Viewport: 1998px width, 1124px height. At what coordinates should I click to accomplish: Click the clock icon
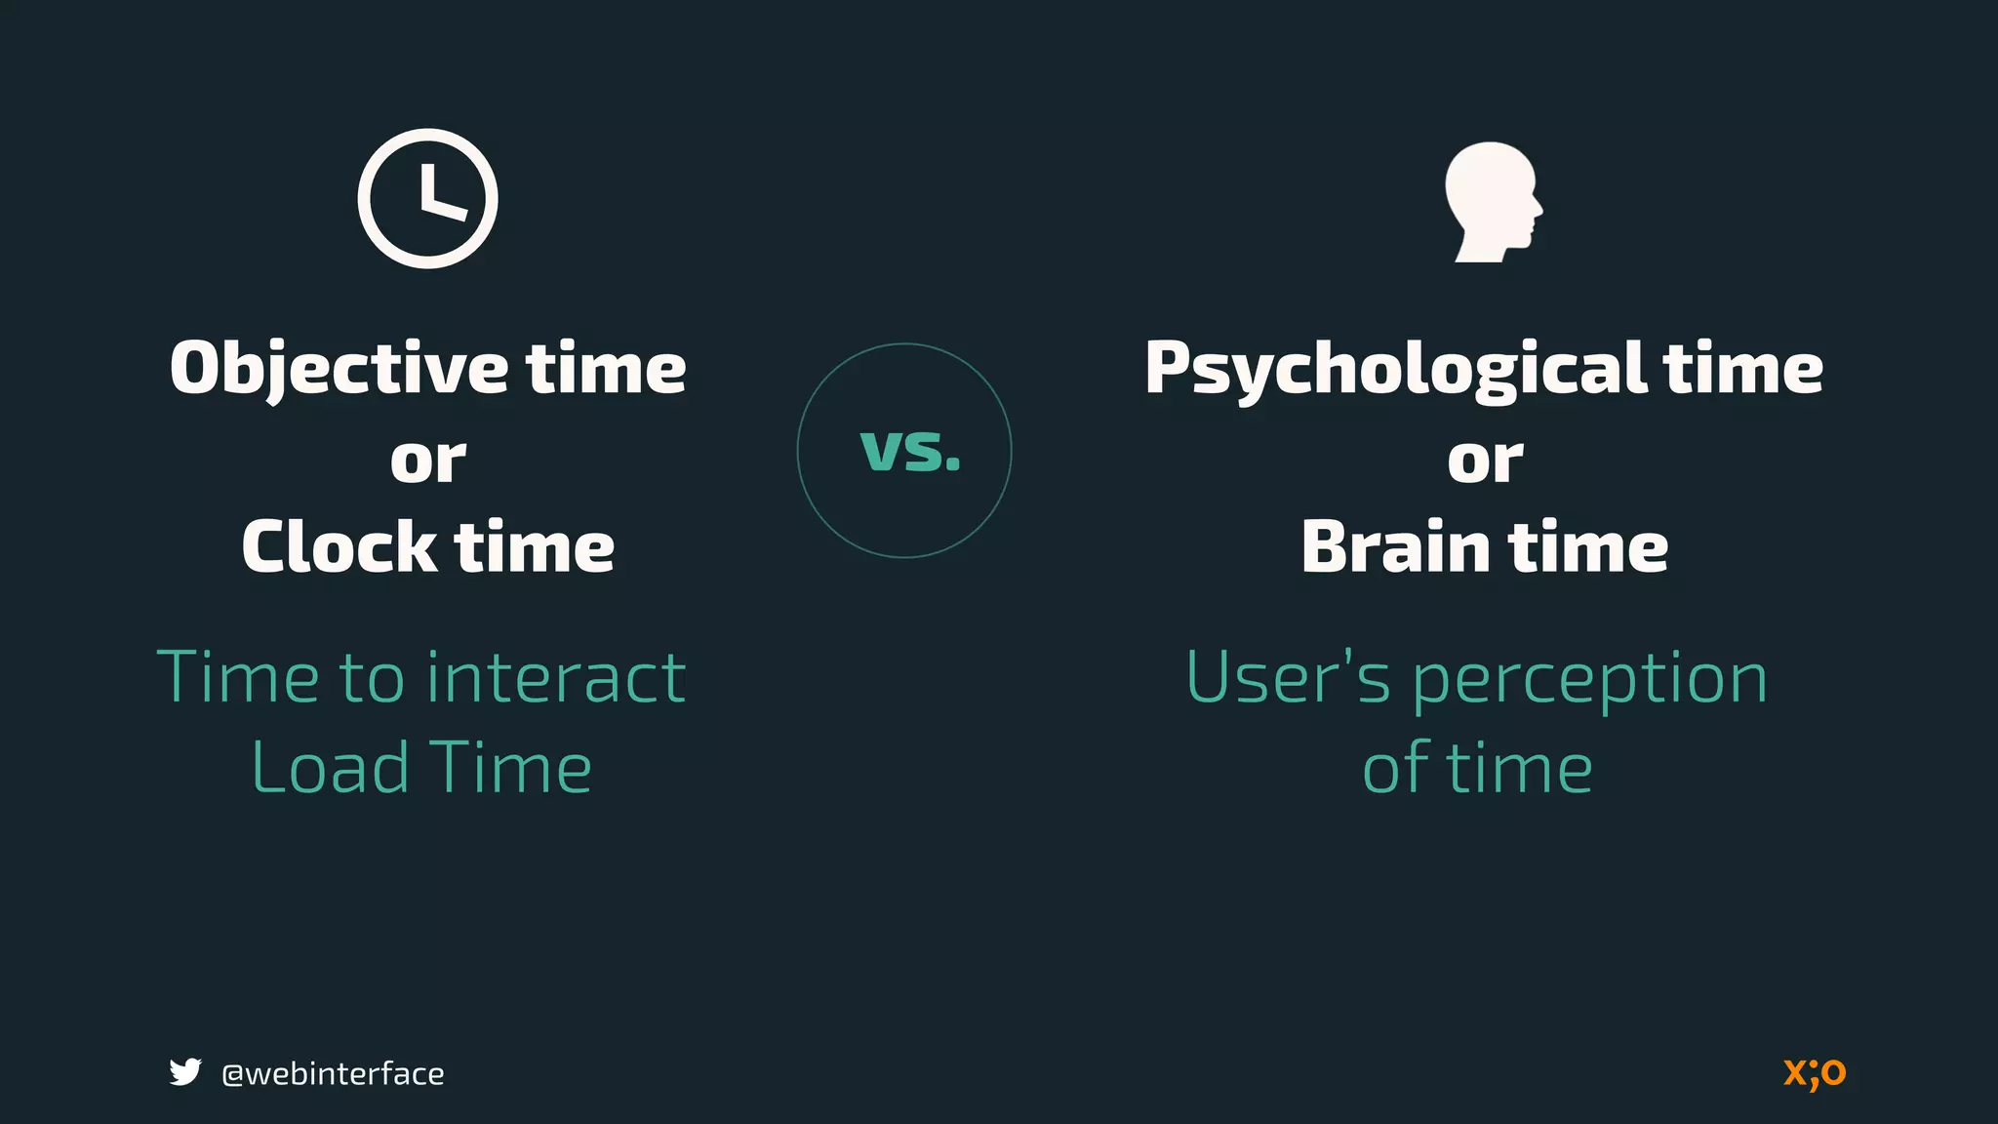tap(427, 198)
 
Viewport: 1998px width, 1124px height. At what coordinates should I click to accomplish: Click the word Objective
tap(339, 370)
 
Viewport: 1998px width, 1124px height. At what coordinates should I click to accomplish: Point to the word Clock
tap(339, 547)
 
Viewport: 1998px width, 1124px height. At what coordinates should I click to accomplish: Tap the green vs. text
tap(910, 451)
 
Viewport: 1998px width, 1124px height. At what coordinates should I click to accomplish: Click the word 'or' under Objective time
tap(428, 460)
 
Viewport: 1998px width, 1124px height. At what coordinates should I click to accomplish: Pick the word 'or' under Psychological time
tap(1485, 460)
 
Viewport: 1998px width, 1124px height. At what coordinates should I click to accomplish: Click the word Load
tap(330, 768)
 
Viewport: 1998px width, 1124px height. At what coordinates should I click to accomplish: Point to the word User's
tap(1288, 677)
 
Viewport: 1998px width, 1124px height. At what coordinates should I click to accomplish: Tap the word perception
tap(1589, 681)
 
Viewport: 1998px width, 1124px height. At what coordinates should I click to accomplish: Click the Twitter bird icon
tap(185, 1071)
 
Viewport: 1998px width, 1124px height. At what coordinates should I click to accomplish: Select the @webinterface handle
tap(333, 1073)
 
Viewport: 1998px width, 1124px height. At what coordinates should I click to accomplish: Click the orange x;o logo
tap(1815, 1072)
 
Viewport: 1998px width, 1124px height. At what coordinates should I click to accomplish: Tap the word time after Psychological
tap(1742, 370)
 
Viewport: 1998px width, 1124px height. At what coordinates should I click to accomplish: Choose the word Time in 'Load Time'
tap(510, 768)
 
